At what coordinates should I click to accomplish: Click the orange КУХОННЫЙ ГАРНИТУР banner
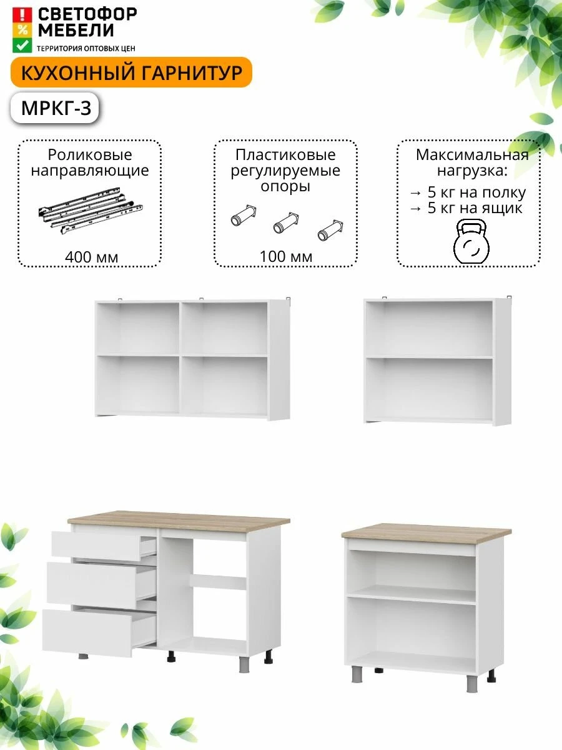point(131,72)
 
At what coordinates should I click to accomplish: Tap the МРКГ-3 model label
point(56,108)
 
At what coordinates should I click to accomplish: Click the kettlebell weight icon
point(471,241)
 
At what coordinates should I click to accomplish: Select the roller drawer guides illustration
point(91,210)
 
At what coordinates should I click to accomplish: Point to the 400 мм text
point(91,257)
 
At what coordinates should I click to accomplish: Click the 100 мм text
point(286,257)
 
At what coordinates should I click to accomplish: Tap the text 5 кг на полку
point(476,192)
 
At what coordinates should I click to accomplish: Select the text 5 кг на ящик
point(475,208)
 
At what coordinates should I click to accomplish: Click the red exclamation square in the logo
point(22,15)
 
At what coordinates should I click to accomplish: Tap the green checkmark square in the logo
point(22,45)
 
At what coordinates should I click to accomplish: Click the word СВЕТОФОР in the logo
point(87,14)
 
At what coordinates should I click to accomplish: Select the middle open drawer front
point(92,586)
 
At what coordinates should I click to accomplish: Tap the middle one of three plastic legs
point(286,223)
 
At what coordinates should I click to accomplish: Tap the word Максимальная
point(472,155)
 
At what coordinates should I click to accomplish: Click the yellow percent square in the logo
point(22,30)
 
